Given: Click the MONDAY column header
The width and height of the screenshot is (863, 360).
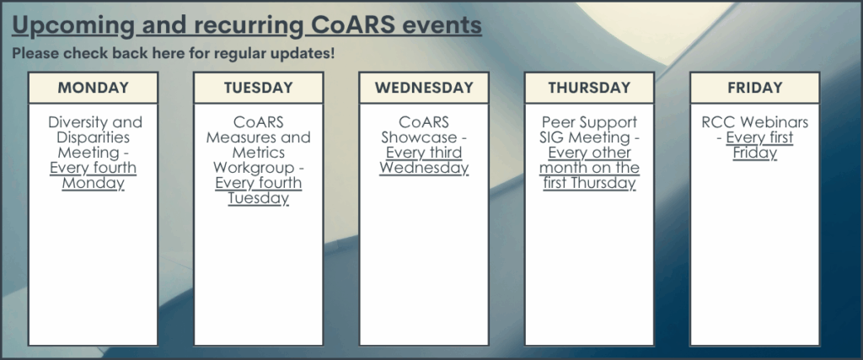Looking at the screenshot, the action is click(x=93, y=88).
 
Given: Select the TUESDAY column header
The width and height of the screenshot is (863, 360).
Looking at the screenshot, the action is click(x=258, y=88).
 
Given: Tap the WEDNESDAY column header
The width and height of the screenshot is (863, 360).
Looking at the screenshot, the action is click(x=424, y=88).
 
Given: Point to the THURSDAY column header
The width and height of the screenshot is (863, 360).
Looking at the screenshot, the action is click(x=589, y=88).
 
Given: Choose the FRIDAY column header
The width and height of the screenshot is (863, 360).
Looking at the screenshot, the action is click(x=754, y=88).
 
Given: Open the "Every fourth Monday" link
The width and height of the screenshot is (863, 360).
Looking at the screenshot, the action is click(x=93, y=175).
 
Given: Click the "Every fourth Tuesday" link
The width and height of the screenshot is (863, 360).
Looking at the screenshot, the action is click(x=258, y=191).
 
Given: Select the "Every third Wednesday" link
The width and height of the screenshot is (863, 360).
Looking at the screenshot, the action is click(x=424, y=160).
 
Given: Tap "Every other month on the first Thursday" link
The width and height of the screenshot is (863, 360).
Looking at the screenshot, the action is click(x=589, y=168).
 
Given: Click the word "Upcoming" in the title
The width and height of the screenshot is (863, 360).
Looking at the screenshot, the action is click(x=73, y=25).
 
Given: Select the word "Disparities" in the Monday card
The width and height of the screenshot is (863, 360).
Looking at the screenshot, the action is click(x=93, y=137).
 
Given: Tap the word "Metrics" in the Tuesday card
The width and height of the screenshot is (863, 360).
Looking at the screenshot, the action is click(x=258, y=153).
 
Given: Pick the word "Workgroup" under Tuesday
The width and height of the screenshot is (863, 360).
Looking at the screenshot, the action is click(x=254, y=167).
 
